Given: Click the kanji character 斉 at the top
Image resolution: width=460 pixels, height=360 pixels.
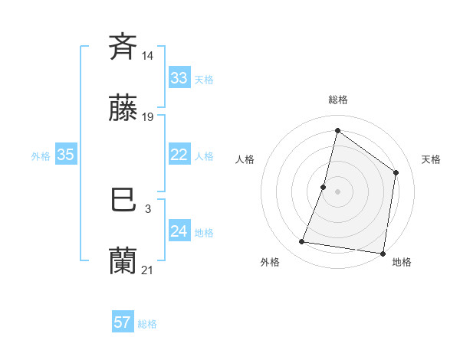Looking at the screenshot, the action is (x=123, y=47).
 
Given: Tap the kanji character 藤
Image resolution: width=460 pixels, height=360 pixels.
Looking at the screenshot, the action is (x=123, y=110).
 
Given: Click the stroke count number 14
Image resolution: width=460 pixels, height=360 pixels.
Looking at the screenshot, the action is (x=148, y=55).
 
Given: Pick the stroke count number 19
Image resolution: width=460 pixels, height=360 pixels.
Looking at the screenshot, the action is (x=148, y=117).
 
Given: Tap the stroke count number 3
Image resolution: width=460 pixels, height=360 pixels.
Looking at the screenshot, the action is (x=147, y=208).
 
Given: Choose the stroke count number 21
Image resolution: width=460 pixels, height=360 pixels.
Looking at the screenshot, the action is (x=148, y=270).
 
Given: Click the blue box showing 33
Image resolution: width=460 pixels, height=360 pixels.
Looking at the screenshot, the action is (x=179, y=78).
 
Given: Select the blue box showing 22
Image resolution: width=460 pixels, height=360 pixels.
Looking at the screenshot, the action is (x=179, y=155).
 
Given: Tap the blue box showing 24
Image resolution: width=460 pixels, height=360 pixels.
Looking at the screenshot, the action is (x=179, y=231).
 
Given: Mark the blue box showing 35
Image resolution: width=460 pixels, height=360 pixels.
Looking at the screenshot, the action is (x=66, y=155).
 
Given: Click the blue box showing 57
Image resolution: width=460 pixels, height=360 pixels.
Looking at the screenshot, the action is (x=123, y=322).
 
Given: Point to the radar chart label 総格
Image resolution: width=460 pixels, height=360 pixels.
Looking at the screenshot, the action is (x=337, y=100).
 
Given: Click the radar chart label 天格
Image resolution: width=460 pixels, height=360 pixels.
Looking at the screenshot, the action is (x=431, y=159).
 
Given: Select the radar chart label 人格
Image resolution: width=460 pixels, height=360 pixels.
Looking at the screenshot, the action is (x=245, y=159).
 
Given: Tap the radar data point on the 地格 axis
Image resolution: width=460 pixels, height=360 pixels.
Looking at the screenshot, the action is (x=383, y=253).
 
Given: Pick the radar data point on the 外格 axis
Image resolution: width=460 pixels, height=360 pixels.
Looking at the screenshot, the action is (x=302, y=242).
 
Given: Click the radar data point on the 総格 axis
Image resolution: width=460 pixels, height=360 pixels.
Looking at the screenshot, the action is (x=337, y=130).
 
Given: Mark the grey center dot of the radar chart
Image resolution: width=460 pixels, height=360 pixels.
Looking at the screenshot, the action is (x=337, y=191).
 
